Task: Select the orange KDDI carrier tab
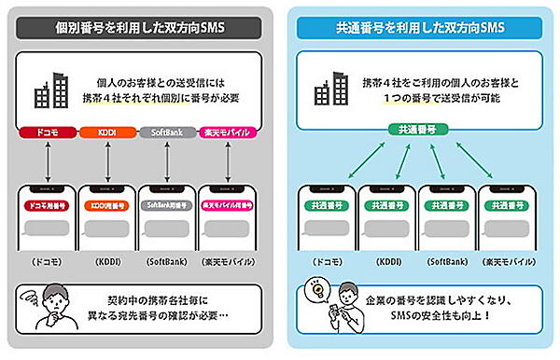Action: pyautogui.click(x=105, y=134)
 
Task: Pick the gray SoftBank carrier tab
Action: pyautogui.click(x=166, y=134)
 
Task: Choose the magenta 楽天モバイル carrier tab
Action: pyautogui.click(x=228, y=134)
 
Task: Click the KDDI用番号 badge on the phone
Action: pyautogui.click(x=106, y=205)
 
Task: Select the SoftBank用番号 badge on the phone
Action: pyautogui.click(x=166, y=205)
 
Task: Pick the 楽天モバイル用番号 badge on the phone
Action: pyautogui.click(x=227, y=205)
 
